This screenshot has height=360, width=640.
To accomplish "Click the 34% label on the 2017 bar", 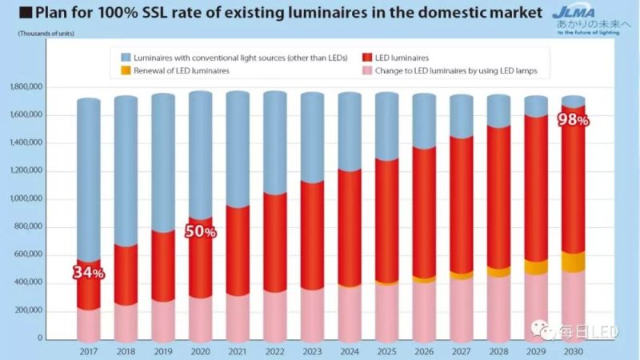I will (x=88, y=273).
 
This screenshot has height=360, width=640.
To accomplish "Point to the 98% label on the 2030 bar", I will (x=573, y=121).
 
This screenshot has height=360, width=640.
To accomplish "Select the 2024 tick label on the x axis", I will (x=348, y=350).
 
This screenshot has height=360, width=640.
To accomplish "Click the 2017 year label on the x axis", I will (x=88, y=350).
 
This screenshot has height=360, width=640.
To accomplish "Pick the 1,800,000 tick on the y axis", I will (x=26, y=87).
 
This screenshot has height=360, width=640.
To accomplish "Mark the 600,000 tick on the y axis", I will (x=29, y=254).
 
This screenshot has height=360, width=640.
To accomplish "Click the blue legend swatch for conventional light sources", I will (x=126, y=58).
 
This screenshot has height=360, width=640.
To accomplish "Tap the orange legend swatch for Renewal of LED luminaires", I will (x=126, y=70).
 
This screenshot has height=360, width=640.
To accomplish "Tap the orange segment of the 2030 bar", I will (x=573, y=262).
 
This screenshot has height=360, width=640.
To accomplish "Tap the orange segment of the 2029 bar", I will (x=535, y=267).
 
